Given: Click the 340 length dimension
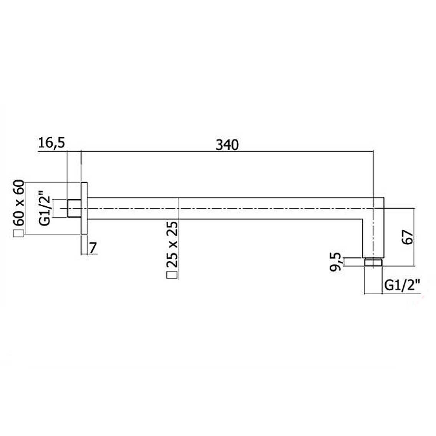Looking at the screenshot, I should pyautogui.click(x=227, y=145).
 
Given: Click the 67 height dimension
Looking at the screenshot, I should pyautogui.click(x=408, y=237).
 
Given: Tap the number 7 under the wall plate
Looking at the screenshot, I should pyautogui.click(x=92, y=248).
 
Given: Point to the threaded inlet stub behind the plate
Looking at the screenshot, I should pyautogui.click(x=74, y=208).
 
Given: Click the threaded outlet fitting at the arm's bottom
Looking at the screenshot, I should pyautogui.click(x=373, y=262).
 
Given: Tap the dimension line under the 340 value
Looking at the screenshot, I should pyautogui.click(x=227, y=152).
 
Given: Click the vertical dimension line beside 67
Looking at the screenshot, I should pyautogui.click(x=414, y=237).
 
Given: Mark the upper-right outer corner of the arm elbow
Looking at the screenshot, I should pyautogui.click(x=383, y=197).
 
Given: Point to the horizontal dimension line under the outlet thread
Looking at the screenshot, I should pyautogui.click(x=373, y=294).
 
